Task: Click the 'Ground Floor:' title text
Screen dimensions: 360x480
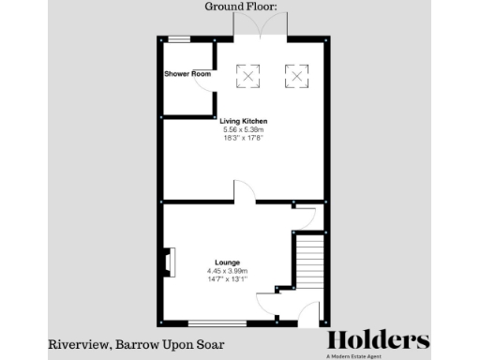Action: pyautogui.click(x=240, y=7)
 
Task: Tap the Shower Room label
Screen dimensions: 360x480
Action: pyautogui.click(x=186, y=73)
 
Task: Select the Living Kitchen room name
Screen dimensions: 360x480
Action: pyautogui.click(x=244, y=121)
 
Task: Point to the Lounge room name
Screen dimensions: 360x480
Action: pyautogui.click(x=227, y=262)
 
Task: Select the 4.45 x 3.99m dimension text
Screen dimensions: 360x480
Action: pyautogui.click(x=227, y=271)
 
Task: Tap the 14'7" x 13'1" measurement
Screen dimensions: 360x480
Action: pyautogui.click(x=227, y=279)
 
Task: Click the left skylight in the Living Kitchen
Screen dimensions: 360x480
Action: pyautogui.click(x=248, y=74)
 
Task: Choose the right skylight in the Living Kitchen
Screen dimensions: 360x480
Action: pyautogui.click(x=296, y=74)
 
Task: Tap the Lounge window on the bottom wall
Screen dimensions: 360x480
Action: pyautogui.click(x=217, y=323)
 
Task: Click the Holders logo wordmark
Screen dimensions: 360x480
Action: pyautogui.click(x=378, y=340)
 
